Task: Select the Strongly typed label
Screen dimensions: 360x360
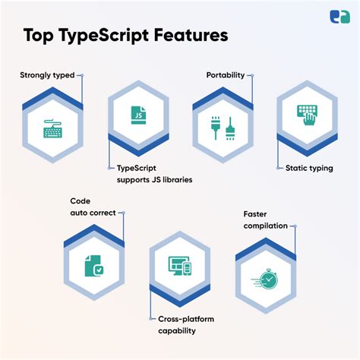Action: tap(47, 75)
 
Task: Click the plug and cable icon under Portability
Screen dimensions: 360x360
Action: tap(223, 127)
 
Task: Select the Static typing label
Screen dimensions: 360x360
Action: tap(309, 169)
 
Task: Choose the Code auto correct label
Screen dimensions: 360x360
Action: tap(93, 207)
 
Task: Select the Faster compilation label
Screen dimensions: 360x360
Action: tap(266, 219)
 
